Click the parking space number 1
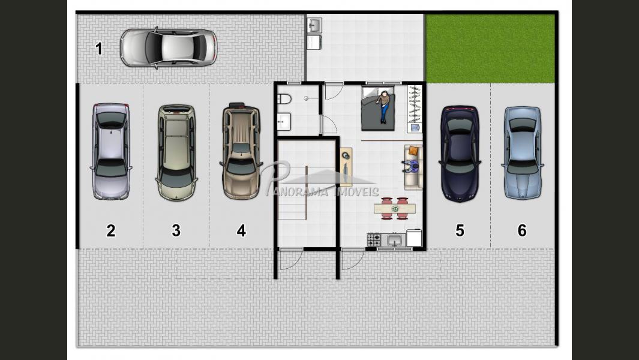[x=98, y=49]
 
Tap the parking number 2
[x=111, y=231]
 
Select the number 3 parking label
[x=176, y=231]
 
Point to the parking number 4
[x=241, y=231]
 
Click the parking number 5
[x=460, y=231]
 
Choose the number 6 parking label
[x=522, y=231]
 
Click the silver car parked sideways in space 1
[x=169, y=48]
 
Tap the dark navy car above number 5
[x=460, y=154]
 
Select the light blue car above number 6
[x=523, y=153]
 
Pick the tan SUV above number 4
[x=241, y=151]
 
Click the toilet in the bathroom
[x=284, y=98]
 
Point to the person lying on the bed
[x=383, y=107]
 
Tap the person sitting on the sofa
[x=412, y=166]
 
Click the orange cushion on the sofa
[x=413, y=151]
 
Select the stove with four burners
[x=373, y=239]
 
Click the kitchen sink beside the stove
[x=394, y=240]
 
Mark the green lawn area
[x=490, y=48]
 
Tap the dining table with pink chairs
[x=395, y=209]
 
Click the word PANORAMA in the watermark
[x=297, y=191]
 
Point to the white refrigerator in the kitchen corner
[x=414, y=238]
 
